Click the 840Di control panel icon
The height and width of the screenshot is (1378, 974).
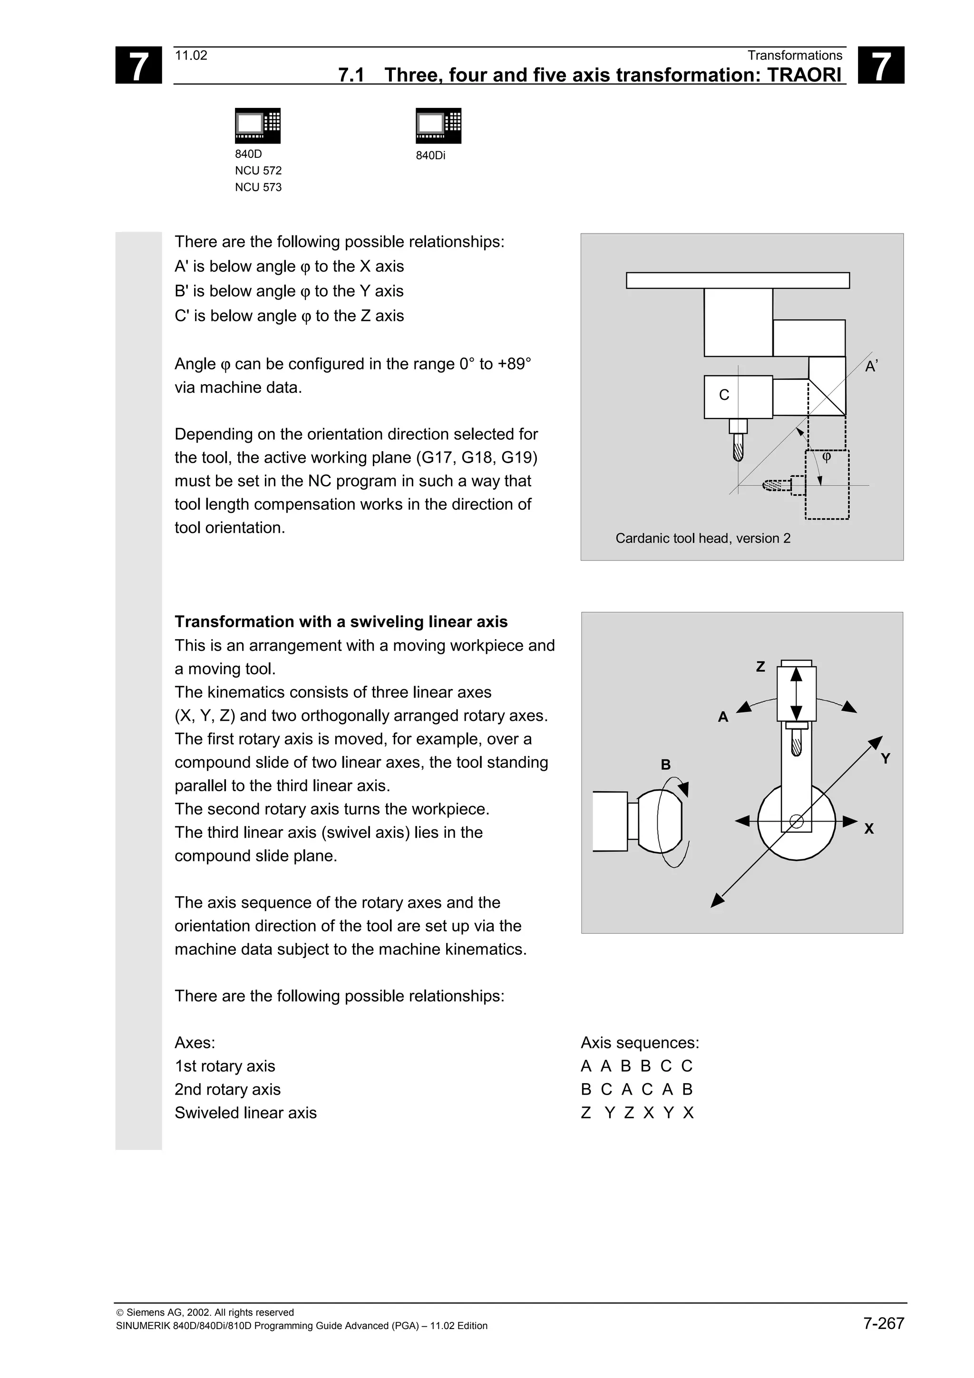(438, 126)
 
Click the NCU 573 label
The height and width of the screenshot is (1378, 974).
(258, 187)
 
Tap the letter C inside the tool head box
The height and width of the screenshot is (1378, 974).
(724, 395)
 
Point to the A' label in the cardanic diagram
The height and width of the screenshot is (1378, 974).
(871, 367)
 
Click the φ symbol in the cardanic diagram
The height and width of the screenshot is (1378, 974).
(827, 457)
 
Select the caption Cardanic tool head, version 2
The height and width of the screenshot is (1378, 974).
(703, 538)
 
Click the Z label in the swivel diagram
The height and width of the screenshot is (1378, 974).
(760, 667)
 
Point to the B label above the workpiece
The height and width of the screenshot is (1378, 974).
(665, 765)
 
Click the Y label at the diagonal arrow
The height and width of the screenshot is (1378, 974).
(885, 758)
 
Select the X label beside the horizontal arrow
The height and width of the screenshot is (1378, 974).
(868, 829)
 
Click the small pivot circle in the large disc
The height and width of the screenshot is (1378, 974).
(796, 822)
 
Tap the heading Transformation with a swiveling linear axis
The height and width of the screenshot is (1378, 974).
(341, 622)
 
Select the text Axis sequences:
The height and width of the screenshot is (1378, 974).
(640, 1042)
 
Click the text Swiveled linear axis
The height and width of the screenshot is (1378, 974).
(245, 1113)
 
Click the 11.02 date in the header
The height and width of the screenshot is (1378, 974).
(191, 56)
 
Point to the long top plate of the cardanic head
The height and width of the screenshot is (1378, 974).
(738, 280)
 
